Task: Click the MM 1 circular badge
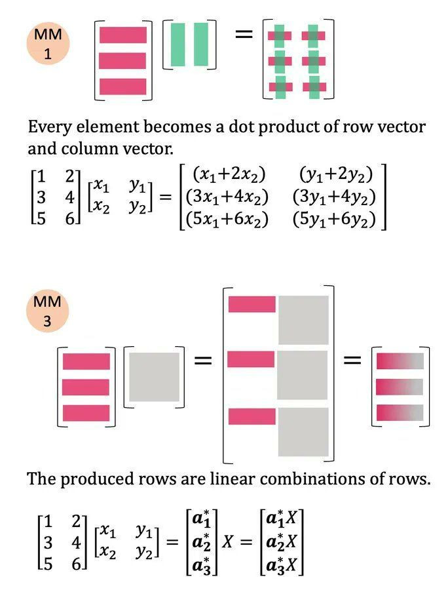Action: (x=48, y=44)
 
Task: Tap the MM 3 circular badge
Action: (x=47, y=311)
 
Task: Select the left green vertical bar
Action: (x=177, y=44)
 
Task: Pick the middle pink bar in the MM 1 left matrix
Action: (x=122, y=60)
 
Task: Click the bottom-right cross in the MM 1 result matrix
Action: (x=314, y=87)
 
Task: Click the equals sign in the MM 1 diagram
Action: (x=243, y=35)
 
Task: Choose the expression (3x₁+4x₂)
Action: (x=227, y=197)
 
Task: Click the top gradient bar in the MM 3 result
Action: (x=400, y=361)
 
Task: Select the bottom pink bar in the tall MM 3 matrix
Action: (x=252, y=416)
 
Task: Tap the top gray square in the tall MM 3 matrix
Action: (x=303, y=320)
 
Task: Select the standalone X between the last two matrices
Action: (x=228, y=542)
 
